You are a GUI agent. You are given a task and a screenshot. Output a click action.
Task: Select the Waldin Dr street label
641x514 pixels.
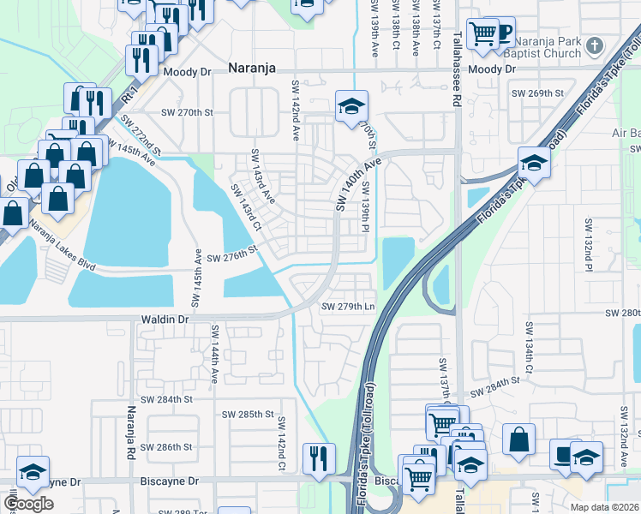pyautogui.click(x=164, y=319)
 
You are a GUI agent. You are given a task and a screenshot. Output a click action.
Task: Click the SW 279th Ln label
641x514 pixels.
pyautogui.click(x=348, y=307)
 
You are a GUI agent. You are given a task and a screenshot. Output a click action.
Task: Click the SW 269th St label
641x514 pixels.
pyautogui.click(x=537, y=93)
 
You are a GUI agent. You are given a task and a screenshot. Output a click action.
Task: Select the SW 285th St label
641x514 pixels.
pyautogui.click(x=246, y=414)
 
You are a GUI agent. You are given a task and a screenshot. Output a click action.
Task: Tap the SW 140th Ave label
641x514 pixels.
pyautogui.click(x=356, y=184)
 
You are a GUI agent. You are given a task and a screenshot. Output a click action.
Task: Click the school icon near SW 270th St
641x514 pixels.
pyautogui.click(x=350, y=105)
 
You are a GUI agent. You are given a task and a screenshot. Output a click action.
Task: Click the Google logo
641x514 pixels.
pyautogui.click(x=28, y=504)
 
